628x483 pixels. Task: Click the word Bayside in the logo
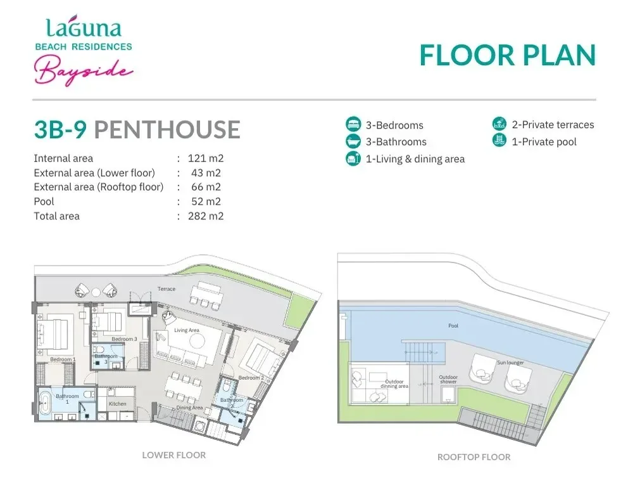84,70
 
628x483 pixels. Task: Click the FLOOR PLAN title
508,55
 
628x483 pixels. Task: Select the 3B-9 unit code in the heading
61,129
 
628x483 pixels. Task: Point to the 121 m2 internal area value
206,158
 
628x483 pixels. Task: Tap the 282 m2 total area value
206,216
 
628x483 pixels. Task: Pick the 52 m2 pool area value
206,202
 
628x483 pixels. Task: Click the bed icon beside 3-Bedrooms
353,124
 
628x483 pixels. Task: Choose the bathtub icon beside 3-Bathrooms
353,141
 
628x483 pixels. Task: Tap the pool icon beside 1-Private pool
499,141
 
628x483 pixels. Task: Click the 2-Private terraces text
553,125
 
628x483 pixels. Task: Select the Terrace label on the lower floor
166,289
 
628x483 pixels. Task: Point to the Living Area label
187,330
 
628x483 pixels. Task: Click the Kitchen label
117,404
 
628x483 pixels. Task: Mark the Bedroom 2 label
251,378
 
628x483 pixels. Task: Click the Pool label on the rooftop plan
453,326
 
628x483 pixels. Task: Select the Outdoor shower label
448,380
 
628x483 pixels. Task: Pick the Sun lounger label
510,363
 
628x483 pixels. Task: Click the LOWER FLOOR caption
174,455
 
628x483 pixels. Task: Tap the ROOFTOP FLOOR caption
474,457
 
